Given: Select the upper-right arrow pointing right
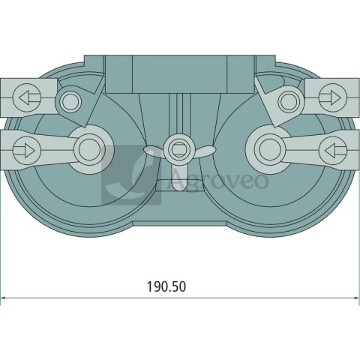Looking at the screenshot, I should pyautogui.click(x=330, y=97).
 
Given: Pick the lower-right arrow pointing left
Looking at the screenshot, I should pyautogui.click(x=331, y=149).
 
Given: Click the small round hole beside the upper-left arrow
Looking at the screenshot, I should pyautogui.click(x=70, y=100).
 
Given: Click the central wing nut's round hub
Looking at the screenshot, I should pyautogui.click(x=178, y=145).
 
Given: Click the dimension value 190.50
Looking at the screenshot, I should pyautogui.click(x=165, y=286).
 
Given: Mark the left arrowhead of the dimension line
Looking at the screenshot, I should pyautogui.click(x=4, y=298).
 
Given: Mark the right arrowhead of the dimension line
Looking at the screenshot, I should pyautogui.click(x=355, y=298).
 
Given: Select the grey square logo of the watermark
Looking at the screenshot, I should pyautogui.click(x=132, y=175).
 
